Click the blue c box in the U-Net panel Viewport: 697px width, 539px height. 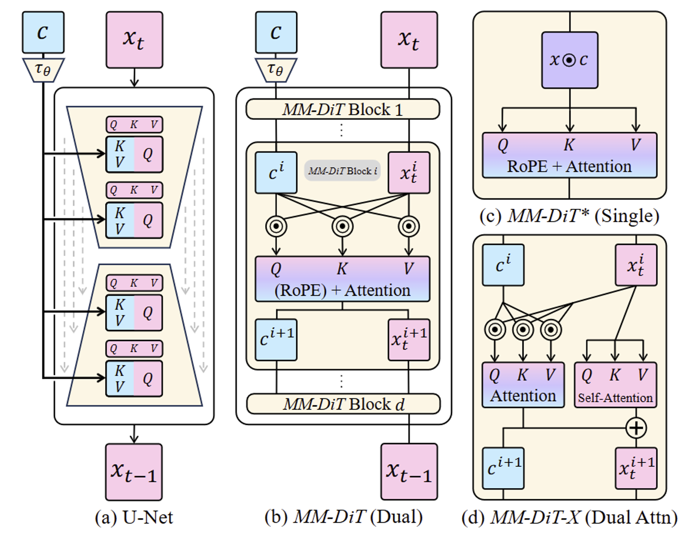click(43, 33)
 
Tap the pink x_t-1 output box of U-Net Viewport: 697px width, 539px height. click(134, 472)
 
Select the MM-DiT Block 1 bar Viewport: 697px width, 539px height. click(342, 109)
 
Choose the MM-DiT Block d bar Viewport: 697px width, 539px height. click(343, 404)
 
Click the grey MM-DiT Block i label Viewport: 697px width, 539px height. click(342, 171)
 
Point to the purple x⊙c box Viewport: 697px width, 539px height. click(569, 60)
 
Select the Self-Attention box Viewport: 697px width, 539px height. click(615, 385)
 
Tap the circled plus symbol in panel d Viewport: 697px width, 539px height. click(636, 428)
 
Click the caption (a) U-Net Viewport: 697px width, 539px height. click(134, 517)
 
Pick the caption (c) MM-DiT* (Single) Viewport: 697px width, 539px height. click(569, 216)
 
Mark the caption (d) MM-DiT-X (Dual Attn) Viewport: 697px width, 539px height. click(569, 517)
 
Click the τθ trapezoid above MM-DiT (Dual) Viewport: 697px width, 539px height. click(276, 70)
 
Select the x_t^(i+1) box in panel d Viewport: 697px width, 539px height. click(636, 468)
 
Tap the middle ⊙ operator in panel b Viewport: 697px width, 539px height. click(342, 227)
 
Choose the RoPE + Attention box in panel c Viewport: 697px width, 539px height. click(569, 155)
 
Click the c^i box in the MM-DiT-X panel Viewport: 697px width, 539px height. click(503, 265)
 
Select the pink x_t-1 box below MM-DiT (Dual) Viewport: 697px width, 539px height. click(409, 472)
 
